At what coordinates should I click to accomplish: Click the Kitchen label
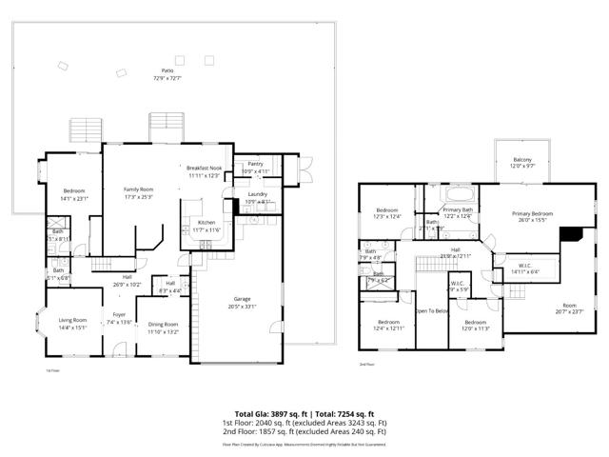(x=206, y=225)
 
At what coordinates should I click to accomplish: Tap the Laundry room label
(x=258, y=196)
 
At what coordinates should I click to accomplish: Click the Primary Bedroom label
(x=532, y=216)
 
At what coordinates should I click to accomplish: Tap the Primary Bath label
(x=458, y=211)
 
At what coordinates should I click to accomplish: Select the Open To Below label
(x=432, y=311)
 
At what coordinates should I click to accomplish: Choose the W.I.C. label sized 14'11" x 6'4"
(x=524, y=268)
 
